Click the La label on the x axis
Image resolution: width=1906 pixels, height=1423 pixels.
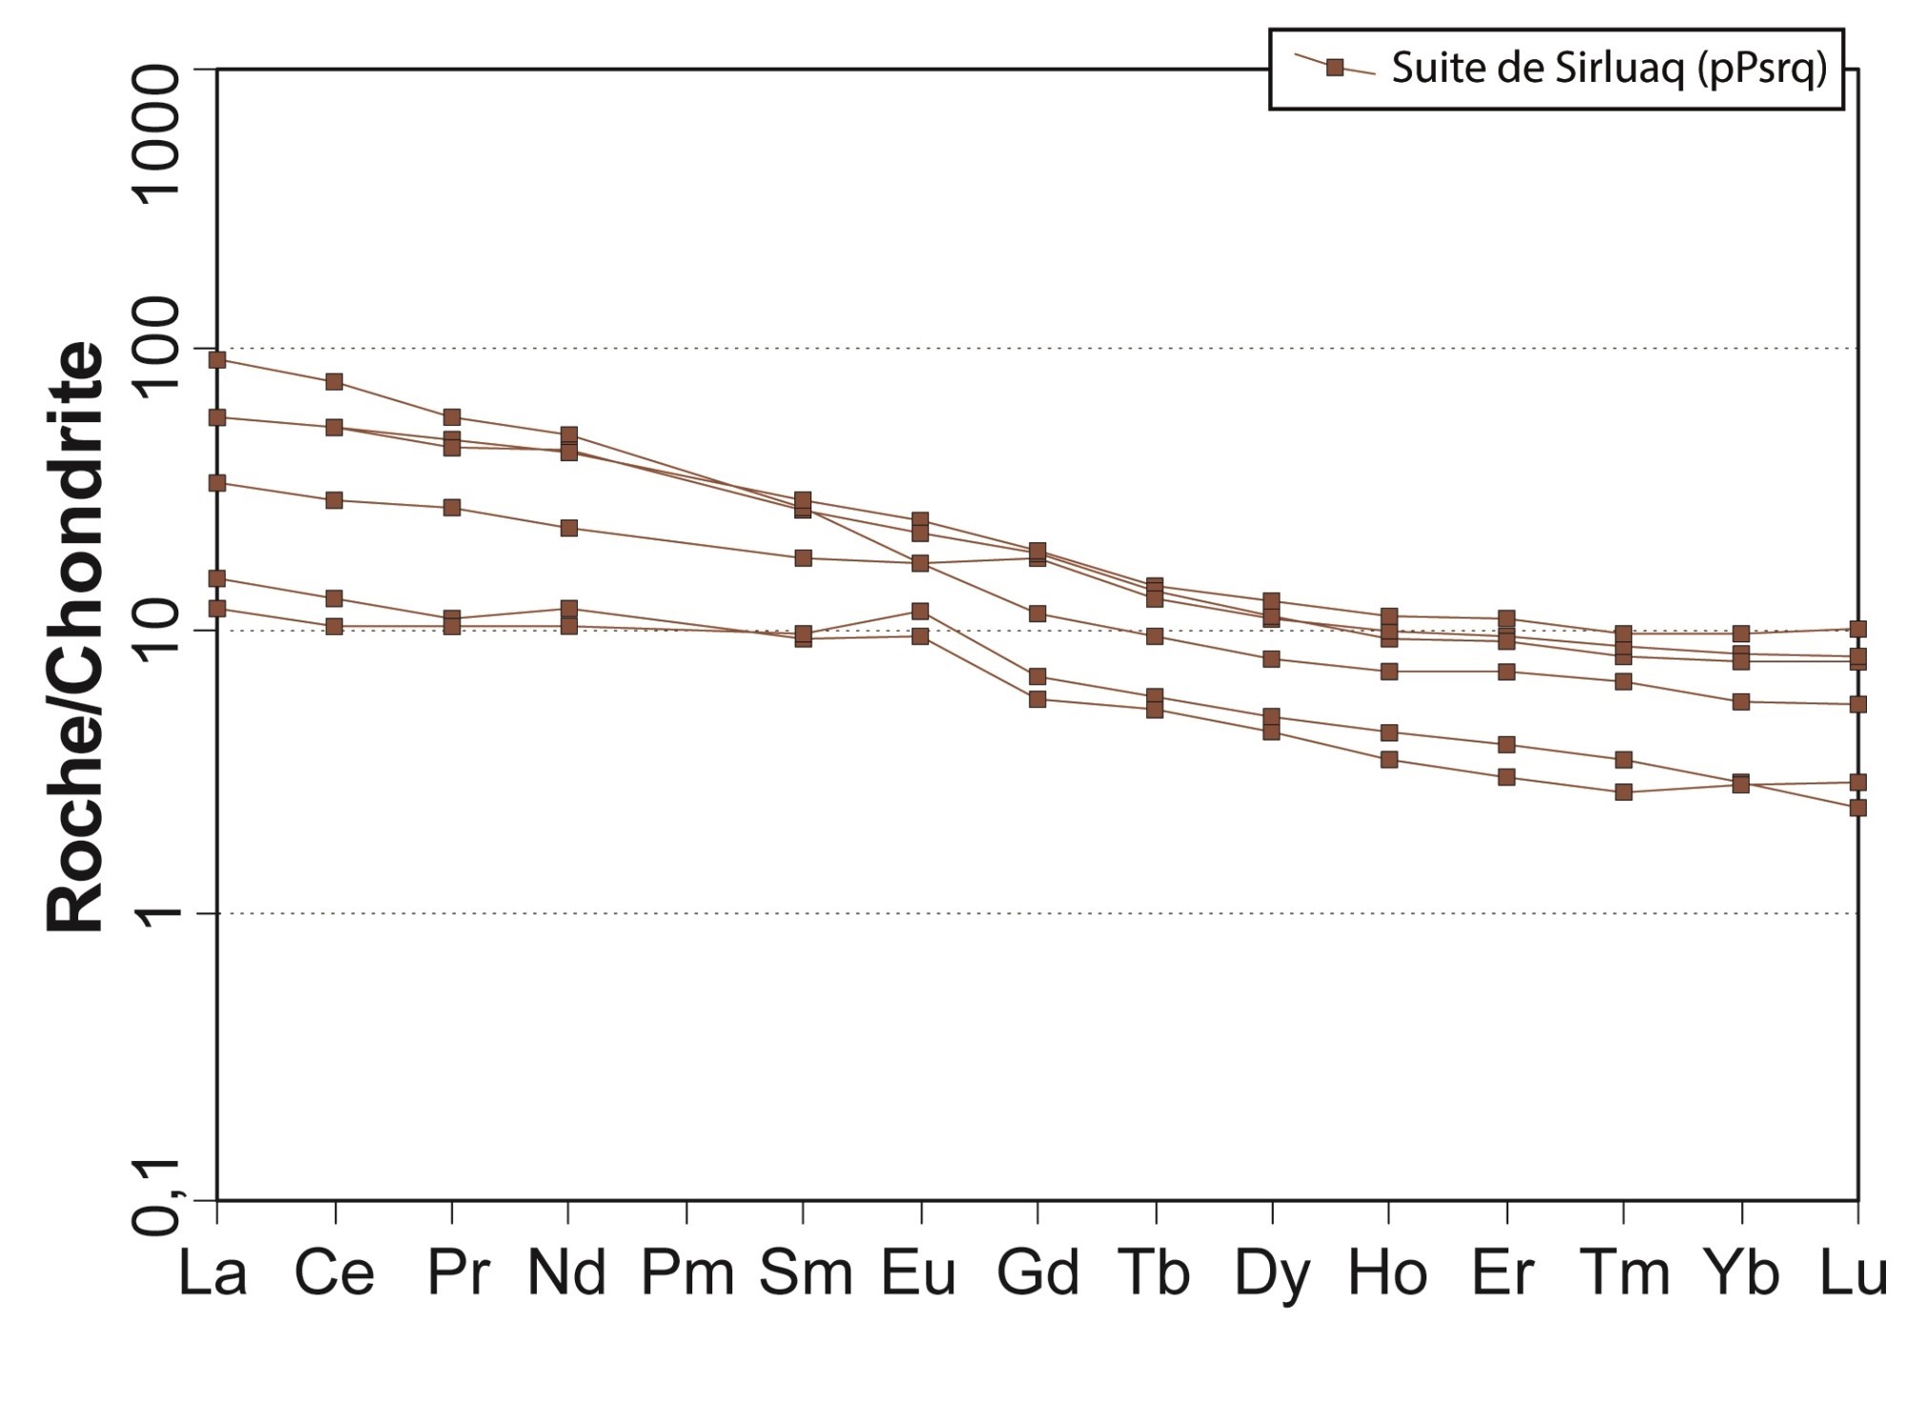point(213,1273)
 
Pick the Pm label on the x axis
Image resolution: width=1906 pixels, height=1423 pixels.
point(687,1273)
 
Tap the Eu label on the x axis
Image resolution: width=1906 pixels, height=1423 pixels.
point(918,1273)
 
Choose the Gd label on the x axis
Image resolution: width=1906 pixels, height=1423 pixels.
point(1037,1273)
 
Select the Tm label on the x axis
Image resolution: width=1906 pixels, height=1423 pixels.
point(1625,1273)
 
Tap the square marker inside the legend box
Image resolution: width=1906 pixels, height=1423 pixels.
point(1335,68)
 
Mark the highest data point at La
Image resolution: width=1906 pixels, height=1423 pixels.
point(217,359)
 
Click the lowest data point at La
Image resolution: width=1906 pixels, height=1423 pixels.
point(217,608)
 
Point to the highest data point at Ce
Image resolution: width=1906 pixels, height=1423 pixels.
point(335,382)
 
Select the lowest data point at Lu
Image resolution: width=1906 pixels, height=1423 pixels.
point(1857,808)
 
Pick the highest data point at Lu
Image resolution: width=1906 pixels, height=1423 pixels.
point(1857,629)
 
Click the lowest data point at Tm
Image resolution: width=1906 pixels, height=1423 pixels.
point(1624,792)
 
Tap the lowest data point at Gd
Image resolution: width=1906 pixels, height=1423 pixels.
point(1037,700)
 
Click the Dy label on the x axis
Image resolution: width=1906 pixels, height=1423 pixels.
point(1272,1273)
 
